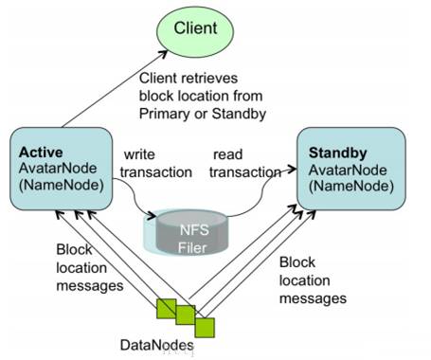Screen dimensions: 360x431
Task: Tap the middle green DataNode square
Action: [186, 315]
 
